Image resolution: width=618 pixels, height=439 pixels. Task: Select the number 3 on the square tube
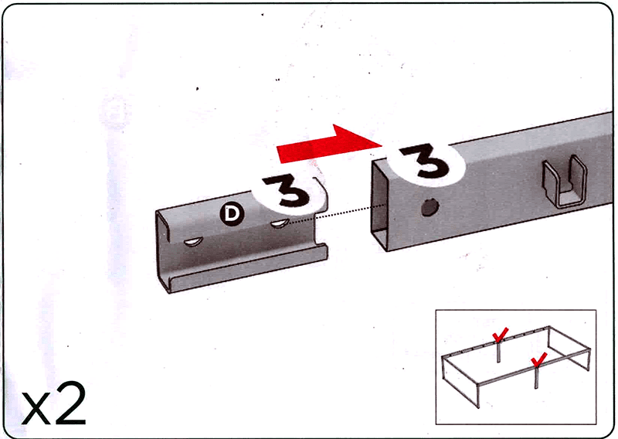(x=425, y=161)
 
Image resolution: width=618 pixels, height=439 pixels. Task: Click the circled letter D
(x=232, y=214)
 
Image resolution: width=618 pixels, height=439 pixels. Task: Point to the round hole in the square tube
(x=430, y=207)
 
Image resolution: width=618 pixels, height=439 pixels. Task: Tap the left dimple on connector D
(x=193, y=242)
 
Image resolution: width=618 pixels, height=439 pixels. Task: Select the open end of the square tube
(x=380, y=205)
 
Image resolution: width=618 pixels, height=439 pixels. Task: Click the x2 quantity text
(x=53, y=403)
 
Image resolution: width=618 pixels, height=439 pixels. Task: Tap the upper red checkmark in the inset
(x=500, y=335)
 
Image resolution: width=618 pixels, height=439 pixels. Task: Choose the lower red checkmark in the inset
(x=538, y=359)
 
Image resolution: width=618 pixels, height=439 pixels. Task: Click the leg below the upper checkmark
(x=498, y=352)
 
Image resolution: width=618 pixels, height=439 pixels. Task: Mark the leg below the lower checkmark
(x=536, y=377)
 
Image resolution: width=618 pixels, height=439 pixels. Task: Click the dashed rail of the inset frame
(x=496, y=341)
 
